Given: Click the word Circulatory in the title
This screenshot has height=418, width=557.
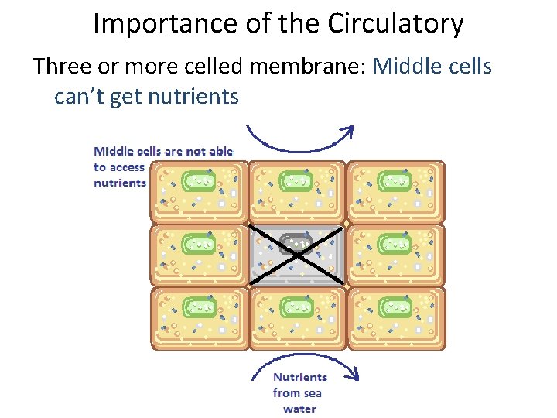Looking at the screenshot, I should pos(395,25).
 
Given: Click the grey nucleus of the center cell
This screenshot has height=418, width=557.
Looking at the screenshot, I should pos(296,244).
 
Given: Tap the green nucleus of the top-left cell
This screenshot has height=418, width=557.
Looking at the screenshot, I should pos(198,181).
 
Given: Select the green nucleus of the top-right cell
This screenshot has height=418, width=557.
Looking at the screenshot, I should pos(395,181).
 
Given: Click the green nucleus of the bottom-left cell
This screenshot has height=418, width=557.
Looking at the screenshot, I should pos(198,308).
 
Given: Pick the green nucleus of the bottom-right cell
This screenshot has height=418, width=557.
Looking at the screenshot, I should pos(395,308).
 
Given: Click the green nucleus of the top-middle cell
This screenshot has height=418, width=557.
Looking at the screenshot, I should pos(296,181).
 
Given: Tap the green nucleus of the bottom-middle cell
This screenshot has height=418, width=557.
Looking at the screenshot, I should pos(296,308).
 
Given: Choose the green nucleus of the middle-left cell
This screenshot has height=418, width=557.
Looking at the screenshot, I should pos(198,245).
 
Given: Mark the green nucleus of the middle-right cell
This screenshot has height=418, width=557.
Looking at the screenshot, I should pos(395,245).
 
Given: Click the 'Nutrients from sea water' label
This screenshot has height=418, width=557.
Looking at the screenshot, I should pos(300,392).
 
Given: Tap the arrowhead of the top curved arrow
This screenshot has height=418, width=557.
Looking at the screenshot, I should pos(349,132).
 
